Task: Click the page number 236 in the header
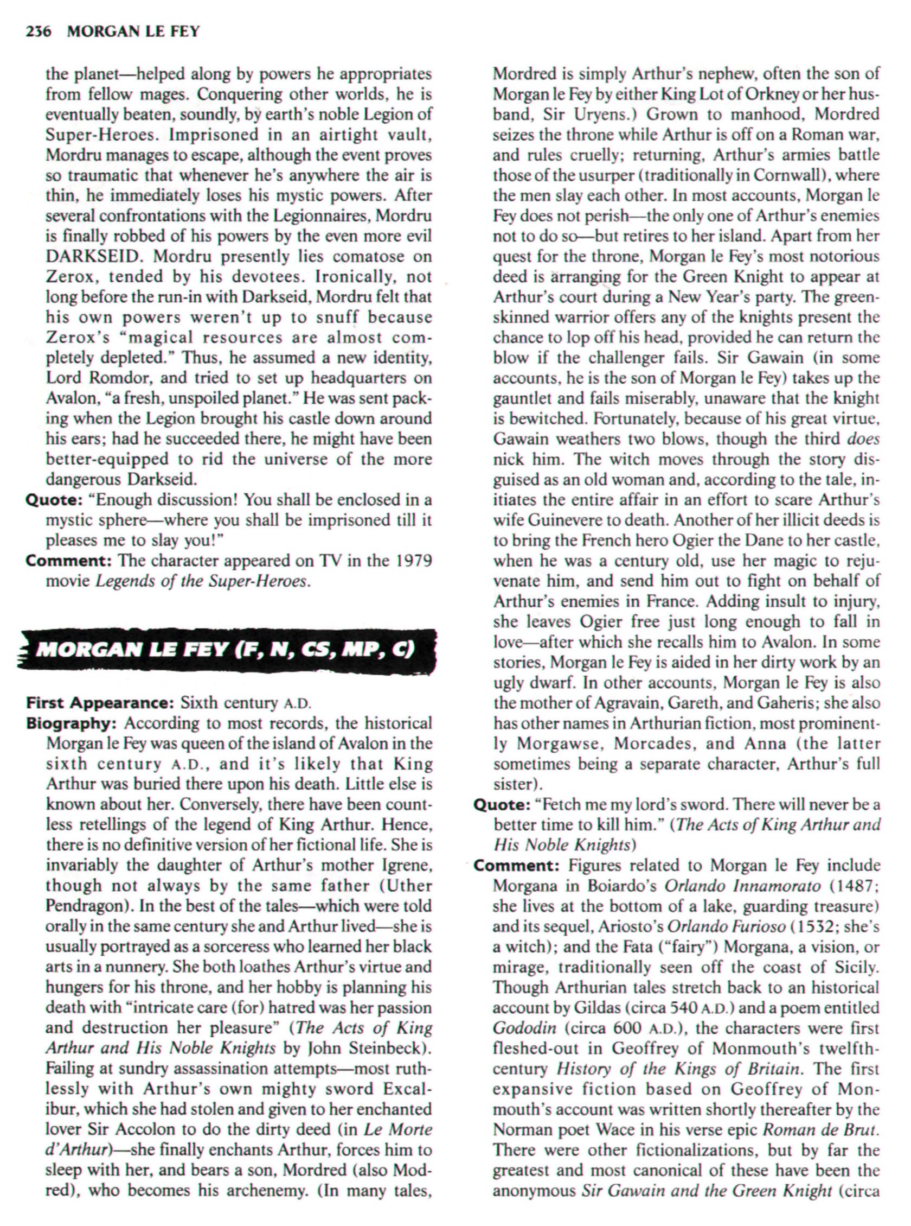38,32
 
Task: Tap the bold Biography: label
73,723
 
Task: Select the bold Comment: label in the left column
69,561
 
